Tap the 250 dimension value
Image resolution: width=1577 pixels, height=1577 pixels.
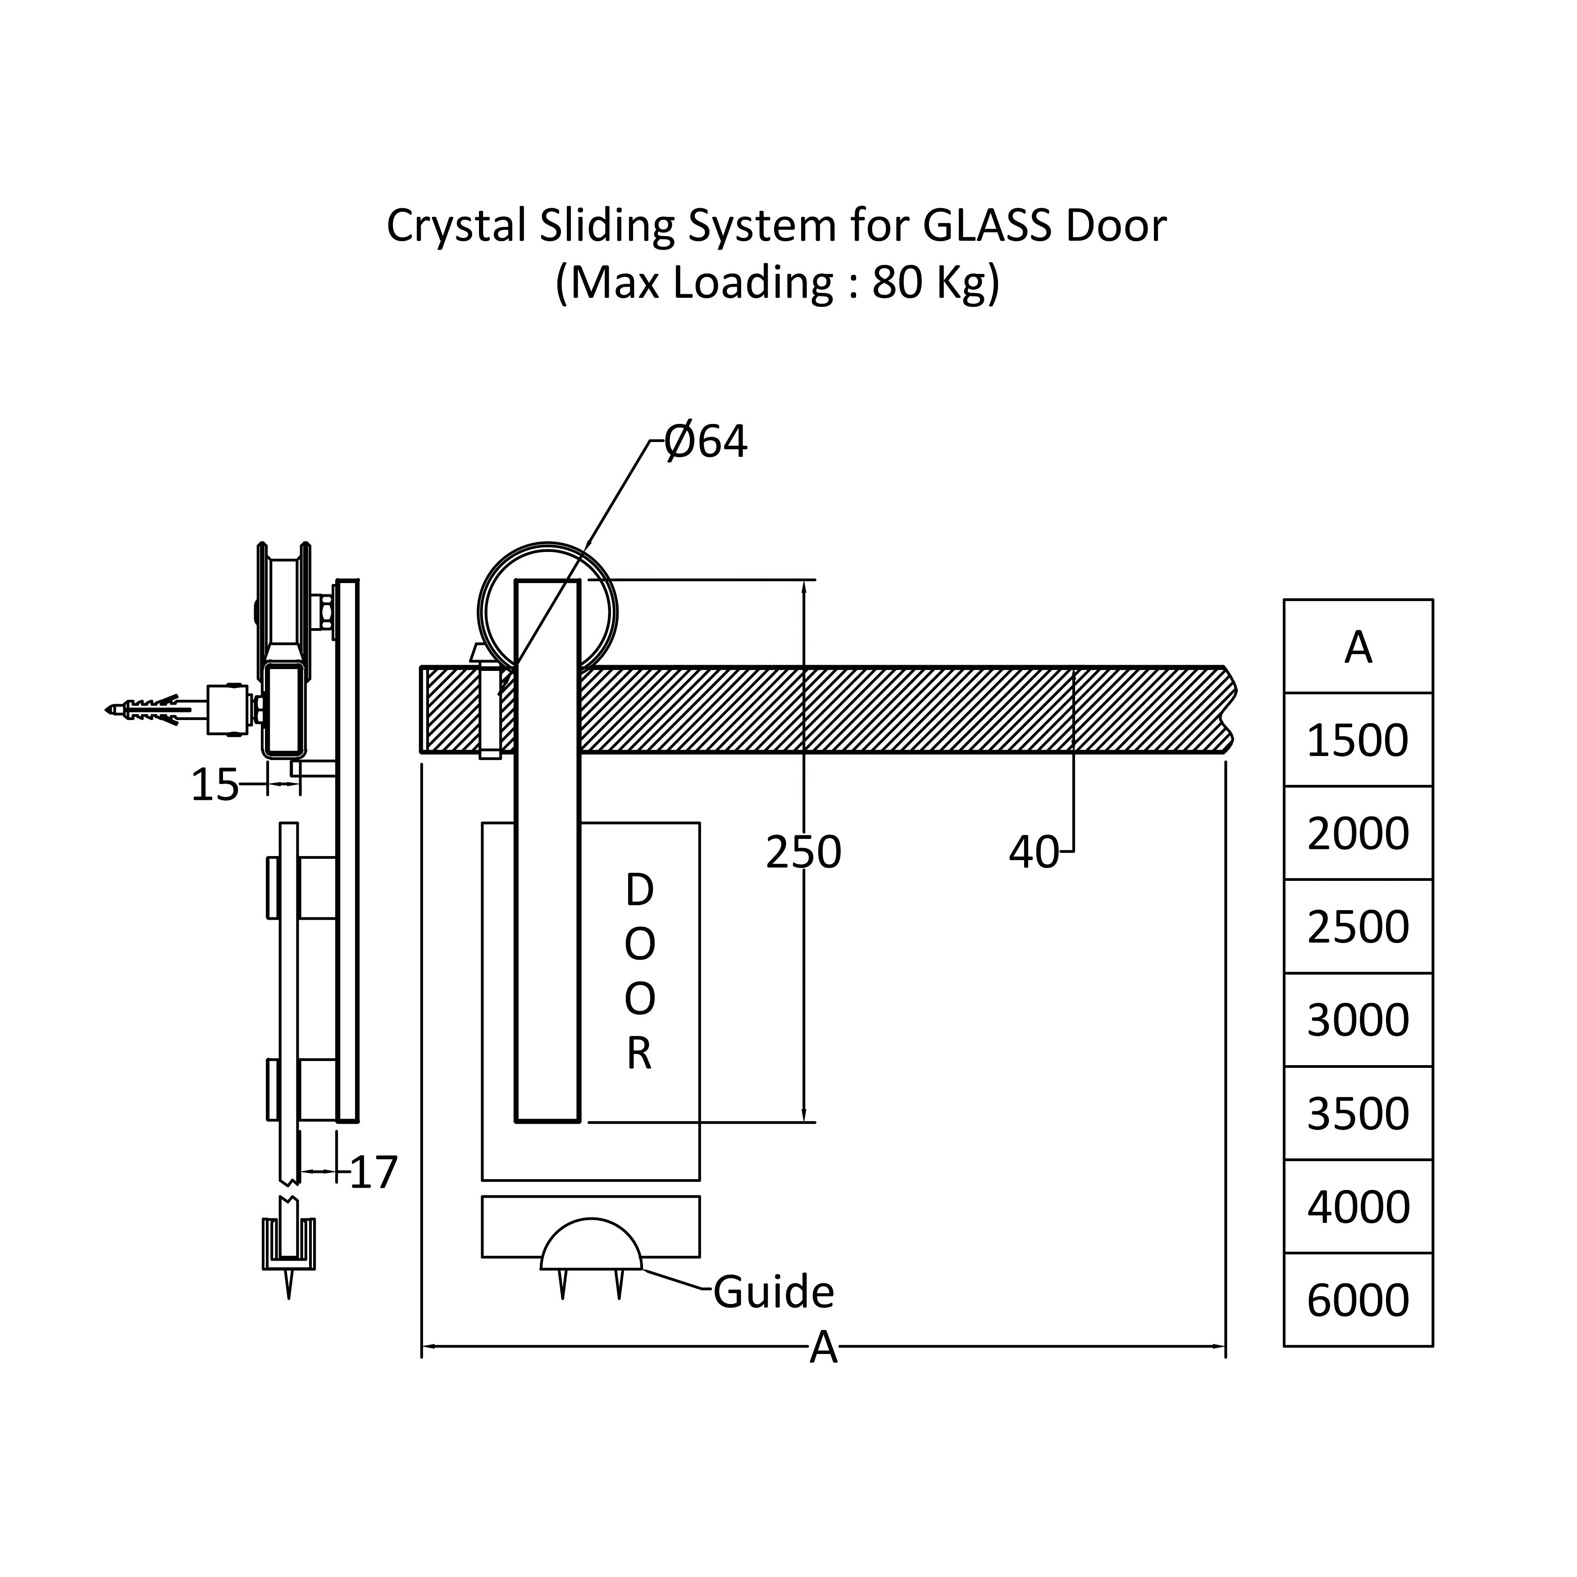[803, 852]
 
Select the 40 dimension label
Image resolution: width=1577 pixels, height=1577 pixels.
[1033, 852]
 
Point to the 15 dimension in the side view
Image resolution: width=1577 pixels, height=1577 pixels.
[214, 785]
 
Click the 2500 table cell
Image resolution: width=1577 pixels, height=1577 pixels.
[1358, 926]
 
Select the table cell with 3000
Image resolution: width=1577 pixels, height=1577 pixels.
[1358, 1020]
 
